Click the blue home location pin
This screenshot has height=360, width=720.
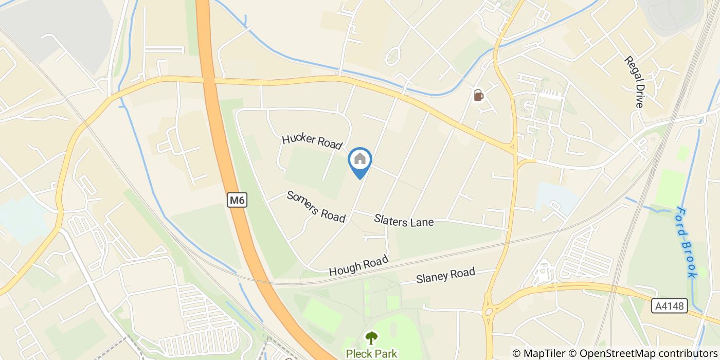pos(360,161)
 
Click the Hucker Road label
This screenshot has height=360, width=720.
pos(312,141)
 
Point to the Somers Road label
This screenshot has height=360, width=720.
pos(316,206)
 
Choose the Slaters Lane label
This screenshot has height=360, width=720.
pos(404,221)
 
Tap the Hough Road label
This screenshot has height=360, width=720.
pos(358,266)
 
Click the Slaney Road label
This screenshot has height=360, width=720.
pos(445,276)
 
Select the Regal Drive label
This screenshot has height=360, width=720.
pos(634,82)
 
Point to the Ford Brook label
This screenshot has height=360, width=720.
pos(686,242)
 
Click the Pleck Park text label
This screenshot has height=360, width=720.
pos(371,354)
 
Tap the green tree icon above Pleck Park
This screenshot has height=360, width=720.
pos(371,338)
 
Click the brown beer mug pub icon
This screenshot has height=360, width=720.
pos(478,95)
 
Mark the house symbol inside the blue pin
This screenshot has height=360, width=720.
pos(360,158)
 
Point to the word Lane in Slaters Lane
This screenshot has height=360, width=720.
pos(422,222)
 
